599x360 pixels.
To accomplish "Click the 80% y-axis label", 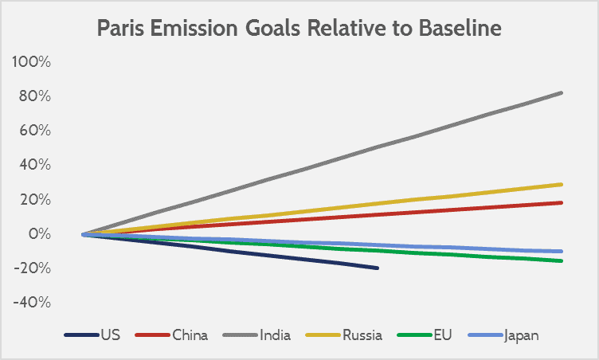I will tap(35, 96).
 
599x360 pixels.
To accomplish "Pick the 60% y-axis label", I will tap(35, 131).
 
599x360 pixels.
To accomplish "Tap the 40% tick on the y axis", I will tap(35, 165).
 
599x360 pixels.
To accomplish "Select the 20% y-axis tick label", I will tap(35, 200).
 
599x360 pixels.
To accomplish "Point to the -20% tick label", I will tap(33, 268).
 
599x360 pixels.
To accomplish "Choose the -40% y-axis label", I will tap(33, 303).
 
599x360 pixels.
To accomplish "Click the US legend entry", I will tap(110, 335).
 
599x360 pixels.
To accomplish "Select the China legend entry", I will tap(190, 335).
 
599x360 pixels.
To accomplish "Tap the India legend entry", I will tap(275, 335).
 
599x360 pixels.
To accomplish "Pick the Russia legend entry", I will tap(362, 335).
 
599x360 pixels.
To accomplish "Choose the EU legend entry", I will tap(442, 335).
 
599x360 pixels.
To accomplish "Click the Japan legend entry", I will tap(521, 335).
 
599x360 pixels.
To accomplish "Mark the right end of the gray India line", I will tap(562, 93).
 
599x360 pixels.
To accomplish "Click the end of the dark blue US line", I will tap(377, 268).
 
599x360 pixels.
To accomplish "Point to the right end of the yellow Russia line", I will tap(562, 185).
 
